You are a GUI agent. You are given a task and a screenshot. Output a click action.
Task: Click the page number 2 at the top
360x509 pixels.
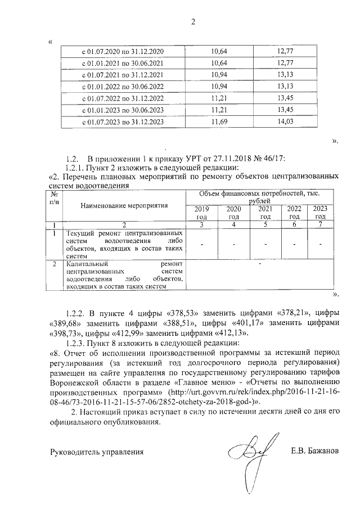(x=193, y=22)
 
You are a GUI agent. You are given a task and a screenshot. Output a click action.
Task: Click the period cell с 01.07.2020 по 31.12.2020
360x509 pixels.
(x=123, y=52)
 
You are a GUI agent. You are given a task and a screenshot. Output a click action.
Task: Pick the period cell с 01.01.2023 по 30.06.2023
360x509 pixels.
(x=123, y=110)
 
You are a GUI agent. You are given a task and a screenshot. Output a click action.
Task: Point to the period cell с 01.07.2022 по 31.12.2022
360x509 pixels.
(x=123, y=98)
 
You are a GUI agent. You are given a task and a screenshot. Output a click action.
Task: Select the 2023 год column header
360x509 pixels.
(x=320, y=213)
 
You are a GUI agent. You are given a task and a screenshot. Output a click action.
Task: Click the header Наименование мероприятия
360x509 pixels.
(x=124, y=205)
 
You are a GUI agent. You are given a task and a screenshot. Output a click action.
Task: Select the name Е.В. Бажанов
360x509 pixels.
(x=315, y=451)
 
